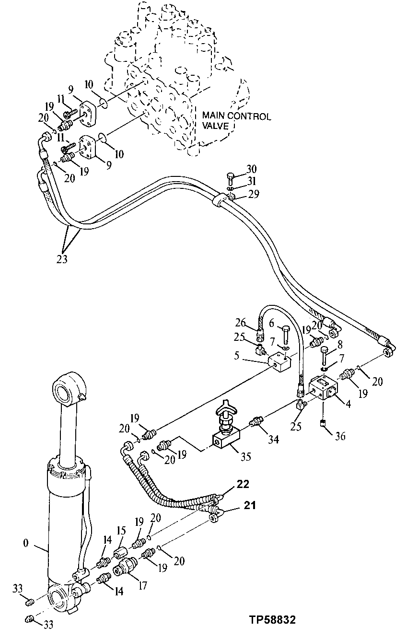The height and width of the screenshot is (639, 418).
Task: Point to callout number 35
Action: [x=245, y=457]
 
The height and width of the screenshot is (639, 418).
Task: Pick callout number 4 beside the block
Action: [x=348, y=404]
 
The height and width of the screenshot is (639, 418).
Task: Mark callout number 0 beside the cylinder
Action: [x=25, y=544]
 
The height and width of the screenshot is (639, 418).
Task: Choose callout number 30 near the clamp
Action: [x=252, y=169]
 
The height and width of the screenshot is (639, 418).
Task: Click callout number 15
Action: [x=122, y=532]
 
